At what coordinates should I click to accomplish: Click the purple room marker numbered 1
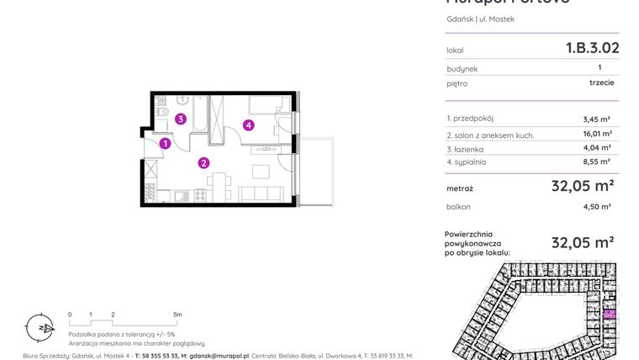pyautogui.click(x=166, y=144)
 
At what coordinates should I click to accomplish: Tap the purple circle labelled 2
pyautogui.click(x=203, y=163)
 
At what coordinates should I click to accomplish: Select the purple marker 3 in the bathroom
pyautogui.click(x=181, y=119)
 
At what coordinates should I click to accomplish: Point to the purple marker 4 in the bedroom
pyautogui.click(x=248, y=125)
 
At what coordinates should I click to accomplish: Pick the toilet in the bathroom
pyautogui.click(x=165, y=113)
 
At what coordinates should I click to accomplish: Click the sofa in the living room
pyautogui.click(x=264, y=194)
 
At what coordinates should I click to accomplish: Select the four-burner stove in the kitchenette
pyautogui.click(x=201, y=195)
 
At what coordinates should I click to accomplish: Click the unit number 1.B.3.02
pyautogui.click(x=592, y=48)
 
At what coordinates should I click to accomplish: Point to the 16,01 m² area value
pyautogui.click(x=596, y=134)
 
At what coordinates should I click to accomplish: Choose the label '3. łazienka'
pyautogui.click(x=467, y=148)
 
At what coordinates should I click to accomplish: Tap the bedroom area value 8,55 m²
pyautogui.click(x=596, y=161)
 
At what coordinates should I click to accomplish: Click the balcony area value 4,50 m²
pyautogui.click(x=596, y=206)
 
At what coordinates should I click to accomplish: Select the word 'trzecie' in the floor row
pyautogui.click(x=601, y=83)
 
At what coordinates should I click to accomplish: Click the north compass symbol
pyautogui.click(x=46, y=327)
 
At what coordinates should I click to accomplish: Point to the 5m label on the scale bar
pyautogui.click(x=177, y=315)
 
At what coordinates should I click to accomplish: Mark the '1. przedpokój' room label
pyautogui.click(x=471, y=119)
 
